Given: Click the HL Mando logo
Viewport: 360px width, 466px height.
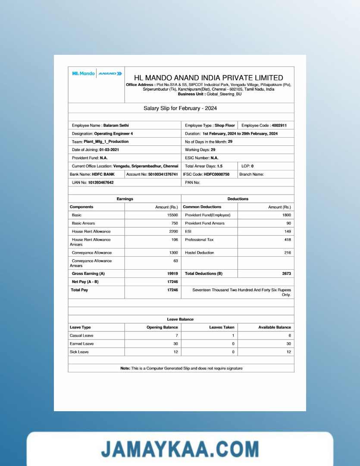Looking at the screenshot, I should point(83,74).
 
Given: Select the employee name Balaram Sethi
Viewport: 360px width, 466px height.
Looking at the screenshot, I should point(116,126).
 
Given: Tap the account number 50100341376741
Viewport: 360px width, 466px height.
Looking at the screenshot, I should point(163,174).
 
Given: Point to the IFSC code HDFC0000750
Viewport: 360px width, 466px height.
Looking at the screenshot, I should point(216,174).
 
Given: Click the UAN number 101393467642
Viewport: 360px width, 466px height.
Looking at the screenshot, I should point(101,183).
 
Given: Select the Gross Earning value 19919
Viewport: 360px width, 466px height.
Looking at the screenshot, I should point(172,274).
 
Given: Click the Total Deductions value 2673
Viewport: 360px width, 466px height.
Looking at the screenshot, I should point(286,274).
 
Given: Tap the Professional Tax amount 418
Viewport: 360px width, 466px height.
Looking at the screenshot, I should point(287,239).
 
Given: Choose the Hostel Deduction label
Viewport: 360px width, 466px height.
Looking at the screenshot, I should point(200,252).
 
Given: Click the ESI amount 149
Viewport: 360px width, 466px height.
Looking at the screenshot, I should point(287,231).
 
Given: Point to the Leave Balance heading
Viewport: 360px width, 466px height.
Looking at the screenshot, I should point(180,319).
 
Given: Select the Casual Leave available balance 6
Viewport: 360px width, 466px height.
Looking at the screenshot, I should point(290,335).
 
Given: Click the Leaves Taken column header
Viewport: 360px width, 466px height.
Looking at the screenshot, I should point(222,327).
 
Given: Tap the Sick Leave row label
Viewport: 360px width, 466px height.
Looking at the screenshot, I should point(79,352).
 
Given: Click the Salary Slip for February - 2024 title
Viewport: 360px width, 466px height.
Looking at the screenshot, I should point(180,108).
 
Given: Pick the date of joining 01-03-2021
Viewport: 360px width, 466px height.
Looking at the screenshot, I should point(109,150).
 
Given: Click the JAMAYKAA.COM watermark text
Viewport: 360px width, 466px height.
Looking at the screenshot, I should point(180,449).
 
